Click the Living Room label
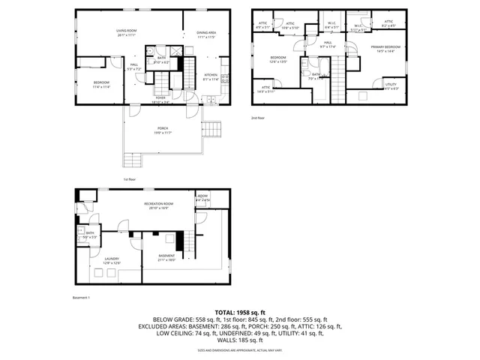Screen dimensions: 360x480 point(126,31)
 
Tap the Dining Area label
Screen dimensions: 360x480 point(206,33)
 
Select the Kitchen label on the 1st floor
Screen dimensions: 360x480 point(210,75)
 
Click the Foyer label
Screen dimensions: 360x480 point(160,97)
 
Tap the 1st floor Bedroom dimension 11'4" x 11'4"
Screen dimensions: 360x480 point(101,87)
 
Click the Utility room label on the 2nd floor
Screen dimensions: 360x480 point(391,85)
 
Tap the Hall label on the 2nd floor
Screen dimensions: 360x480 point(328,43)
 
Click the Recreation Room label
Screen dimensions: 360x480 point(159,204)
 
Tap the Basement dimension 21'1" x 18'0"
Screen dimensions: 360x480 point(166,260)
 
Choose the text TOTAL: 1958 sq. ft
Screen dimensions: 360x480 point(240,312)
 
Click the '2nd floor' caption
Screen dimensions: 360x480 point(258,118)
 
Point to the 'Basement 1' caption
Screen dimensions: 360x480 point(81,298)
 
